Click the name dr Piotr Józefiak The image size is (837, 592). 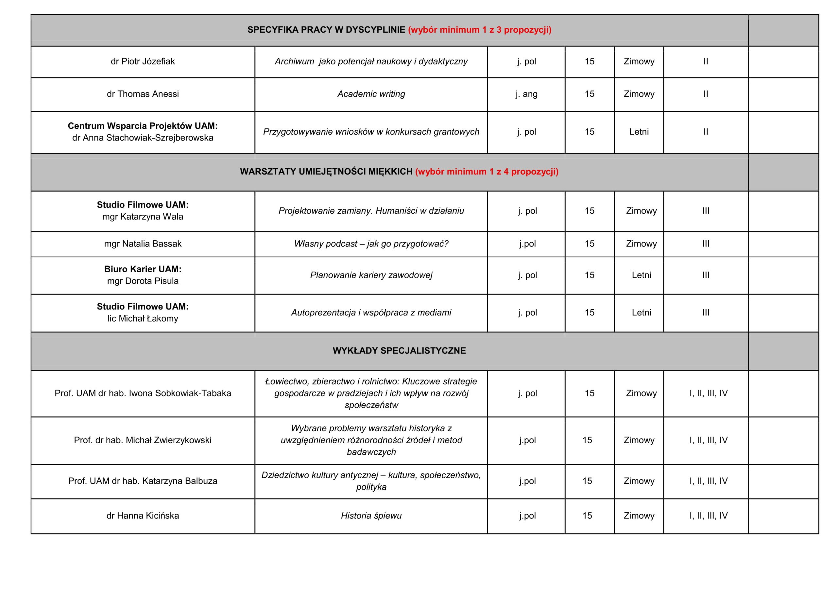[143, 61]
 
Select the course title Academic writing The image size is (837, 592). [371, 94]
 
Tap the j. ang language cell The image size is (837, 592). [526, 94]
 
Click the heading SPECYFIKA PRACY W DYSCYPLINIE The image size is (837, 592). [326, 30]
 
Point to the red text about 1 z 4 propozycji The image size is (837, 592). [487, 172]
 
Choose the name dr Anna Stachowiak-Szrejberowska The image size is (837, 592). [143, 138]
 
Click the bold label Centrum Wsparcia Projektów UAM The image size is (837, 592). [143, 126]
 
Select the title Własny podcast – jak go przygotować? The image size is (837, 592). [371, 244]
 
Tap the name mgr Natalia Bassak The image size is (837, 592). [143, 244]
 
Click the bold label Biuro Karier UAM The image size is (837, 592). [143, 269]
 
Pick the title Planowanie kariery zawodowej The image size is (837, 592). [371, 275]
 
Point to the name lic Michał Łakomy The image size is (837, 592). [143, 319]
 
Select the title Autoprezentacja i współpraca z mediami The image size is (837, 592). [371, 313]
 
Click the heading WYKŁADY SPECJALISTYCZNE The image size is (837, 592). [399, 351]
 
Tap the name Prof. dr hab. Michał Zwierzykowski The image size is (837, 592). [143, 440]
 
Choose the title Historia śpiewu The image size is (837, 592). [371, 516]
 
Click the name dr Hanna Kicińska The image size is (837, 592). [143, 516]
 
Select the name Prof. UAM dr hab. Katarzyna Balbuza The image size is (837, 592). [143, 481]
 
